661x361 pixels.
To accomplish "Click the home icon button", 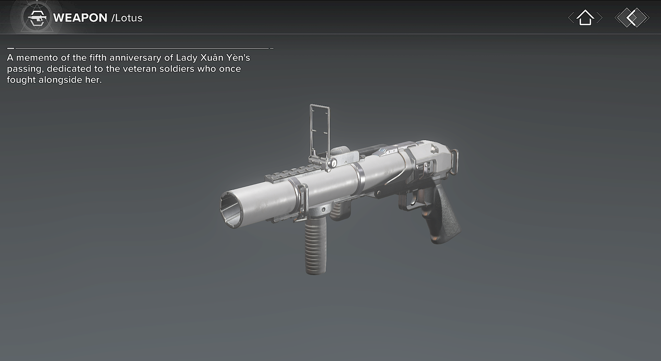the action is tap(585, 18).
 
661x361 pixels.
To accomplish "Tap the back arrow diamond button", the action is tap(632, 18).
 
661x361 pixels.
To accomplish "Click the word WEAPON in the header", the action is tap(80, 18).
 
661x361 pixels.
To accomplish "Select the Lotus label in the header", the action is tap(127, 18).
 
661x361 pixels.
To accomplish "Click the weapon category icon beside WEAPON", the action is tap(38, 18).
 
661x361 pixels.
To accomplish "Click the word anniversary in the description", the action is tap(136, 58).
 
